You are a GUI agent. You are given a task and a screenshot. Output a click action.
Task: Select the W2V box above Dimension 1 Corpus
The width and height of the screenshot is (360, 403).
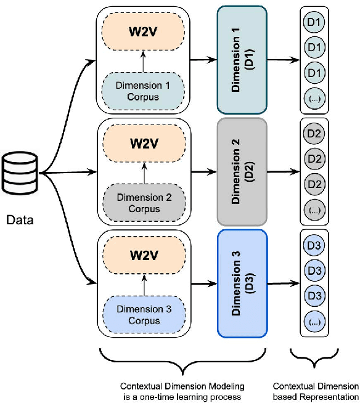pyautogui.click(x=143, y=31)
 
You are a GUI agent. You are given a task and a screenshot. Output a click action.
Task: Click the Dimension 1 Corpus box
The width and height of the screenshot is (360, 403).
pyautogui.click(x=143, y=89)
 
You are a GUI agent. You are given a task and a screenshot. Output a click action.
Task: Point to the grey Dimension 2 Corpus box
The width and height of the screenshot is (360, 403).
pyautogui.click(x=143, y=203)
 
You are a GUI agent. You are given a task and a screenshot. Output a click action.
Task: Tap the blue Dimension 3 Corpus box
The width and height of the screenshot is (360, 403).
pyautogui.click(x=143, y=314)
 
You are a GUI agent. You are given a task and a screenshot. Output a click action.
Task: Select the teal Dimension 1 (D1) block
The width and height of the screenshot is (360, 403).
pyautogui.click(x=242, y=59)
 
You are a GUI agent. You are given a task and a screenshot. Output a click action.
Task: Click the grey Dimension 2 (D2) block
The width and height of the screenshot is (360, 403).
pyautogui.click(x=242, y=171)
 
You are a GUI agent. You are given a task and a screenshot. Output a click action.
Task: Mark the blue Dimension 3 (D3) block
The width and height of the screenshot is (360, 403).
pyautogui.click(x=242, y=282)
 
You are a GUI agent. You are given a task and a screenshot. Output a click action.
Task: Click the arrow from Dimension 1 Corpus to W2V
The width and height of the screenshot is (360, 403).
pyautogui.click(x=143, y=62)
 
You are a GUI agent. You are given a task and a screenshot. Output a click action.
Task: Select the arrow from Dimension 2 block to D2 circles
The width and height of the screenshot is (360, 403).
pyautogui.click(x=282, y=171)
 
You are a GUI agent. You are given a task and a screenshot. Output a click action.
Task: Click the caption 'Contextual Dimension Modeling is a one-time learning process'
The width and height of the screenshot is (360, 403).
pyautogui.click(x=182, y=391)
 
